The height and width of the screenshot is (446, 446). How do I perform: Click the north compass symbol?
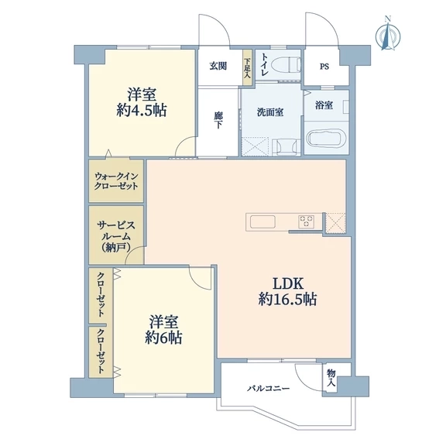[x=388, y=35]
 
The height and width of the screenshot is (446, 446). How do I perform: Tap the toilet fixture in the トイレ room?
[x=286, y=64]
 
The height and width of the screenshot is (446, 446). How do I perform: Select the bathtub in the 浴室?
[x=327, y=139]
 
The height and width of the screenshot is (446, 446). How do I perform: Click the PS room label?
[x=324, y=67]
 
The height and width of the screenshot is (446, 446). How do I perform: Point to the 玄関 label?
[x=218, y=67]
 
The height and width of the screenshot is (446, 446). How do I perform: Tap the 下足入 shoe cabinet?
[x=247, y=67]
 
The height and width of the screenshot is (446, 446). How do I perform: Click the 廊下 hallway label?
[x=218, y=120]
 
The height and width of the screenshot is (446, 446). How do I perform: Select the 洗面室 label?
[x=270, y=112]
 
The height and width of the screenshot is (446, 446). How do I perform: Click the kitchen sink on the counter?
[x=262, y=221]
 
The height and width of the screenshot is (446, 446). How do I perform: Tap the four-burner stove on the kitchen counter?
[x=307, y=221]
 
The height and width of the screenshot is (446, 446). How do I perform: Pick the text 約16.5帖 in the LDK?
[x=287, y=300]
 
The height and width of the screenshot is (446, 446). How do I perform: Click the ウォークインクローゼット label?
[x=116, y=181]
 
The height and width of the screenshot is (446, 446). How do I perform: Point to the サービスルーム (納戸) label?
[x=116, y=237]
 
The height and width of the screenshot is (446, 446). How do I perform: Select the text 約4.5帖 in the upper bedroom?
[x=142, y=111]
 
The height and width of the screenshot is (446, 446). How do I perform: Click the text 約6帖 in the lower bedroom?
[x=164, y=338]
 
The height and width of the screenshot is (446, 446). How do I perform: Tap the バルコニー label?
[x=269, y=388]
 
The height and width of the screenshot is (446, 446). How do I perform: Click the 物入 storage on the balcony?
[x=331, y=377]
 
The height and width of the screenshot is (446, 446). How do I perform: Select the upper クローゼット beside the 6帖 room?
[x=101, y=295]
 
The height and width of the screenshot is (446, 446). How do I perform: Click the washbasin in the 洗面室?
[x=286, y=147]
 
